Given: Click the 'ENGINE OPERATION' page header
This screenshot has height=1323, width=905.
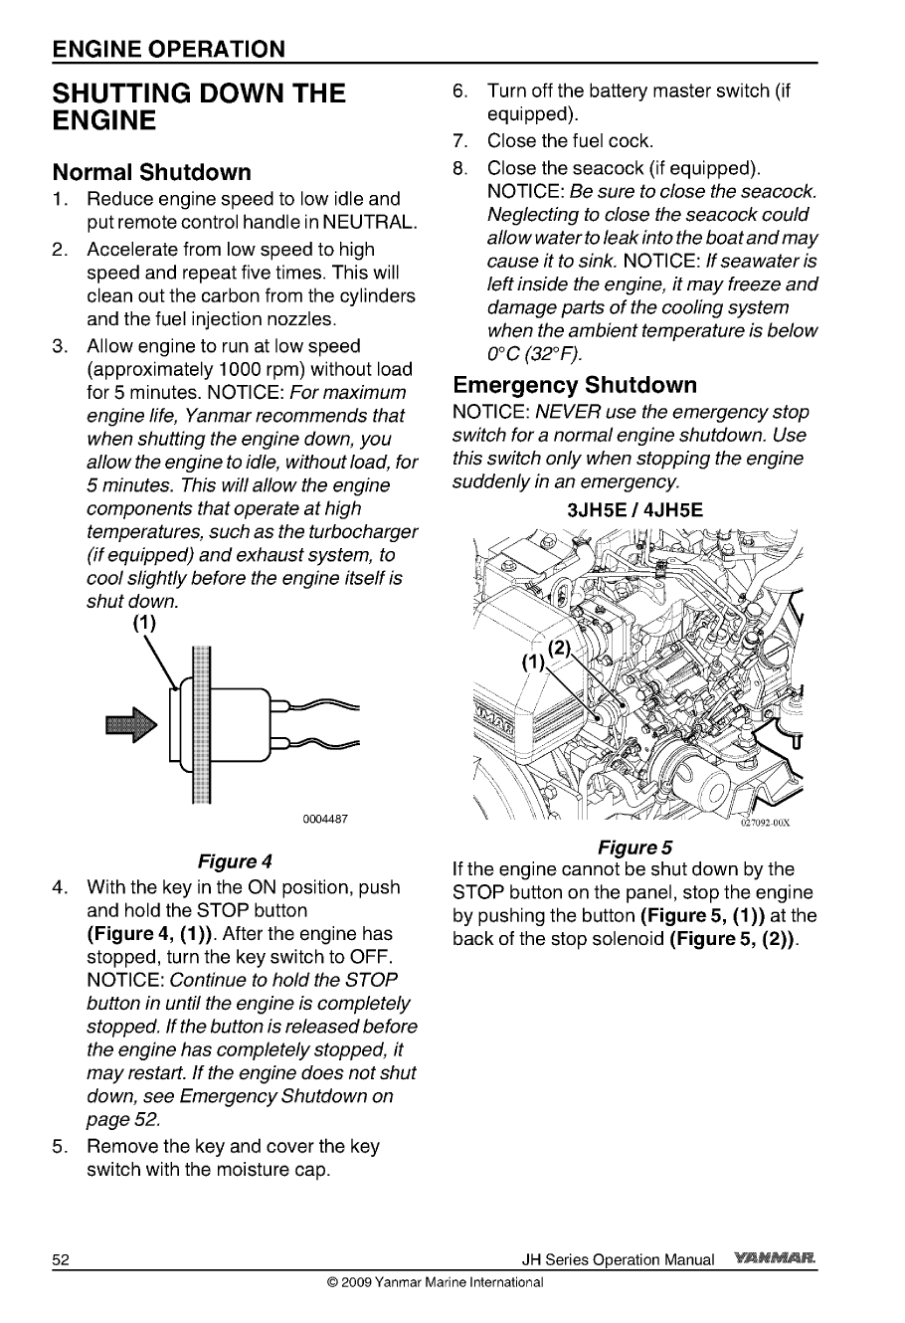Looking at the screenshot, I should tap(169, 49).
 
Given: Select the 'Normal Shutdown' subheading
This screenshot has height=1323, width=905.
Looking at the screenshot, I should tap(151, 172).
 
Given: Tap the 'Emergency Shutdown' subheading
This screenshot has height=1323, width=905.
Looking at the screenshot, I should tap(575, 385).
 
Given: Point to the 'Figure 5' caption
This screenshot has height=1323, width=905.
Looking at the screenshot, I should tap(634, 848).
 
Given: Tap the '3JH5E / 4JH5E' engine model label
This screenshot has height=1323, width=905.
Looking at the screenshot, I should tap(634, 510).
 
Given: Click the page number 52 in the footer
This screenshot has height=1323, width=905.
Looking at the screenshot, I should tap(62, 1259).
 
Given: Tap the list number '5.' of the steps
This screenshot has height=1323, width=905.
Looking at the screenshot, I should tap(62, 1146).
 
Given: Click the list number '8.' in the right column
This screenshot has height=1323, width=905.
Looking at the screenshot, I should tap(460, 168).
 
